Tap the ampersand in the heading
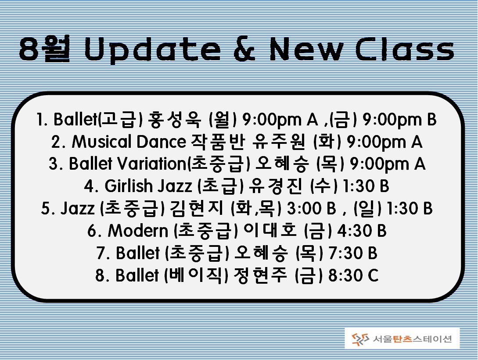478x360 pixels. pyautogui.click(x=245, y=49)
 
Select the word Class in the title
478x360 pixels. pyautogui.click(x=405, y=49)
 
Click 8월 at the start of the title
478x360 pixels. pyautogui.click(x=44, y=49)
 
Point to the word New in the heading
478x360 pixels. pyautogui.click(x=306, y=49)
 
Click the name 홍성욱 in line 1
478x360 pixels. pyautogui.click(x=174, y=119)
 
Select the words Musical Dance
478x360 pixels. pyautogui.click(x=129, y=142)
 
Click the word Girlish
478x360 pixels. pyautogui.click(x=129, y=186)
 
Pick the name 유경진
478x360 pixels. pyautogui.click(x=276, y=186)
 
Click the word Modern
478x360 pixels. pyautogui.click(x=138, y=231)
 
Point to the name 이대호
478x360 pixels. pyautogui.click(x=270, y=231)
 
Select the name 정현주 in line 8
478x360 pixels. pyautogui.click(x=260, y=275)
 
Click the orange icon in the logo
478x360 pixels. pyautogui.click(x=360, y=339)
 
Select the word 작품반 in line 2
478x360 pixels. pyautogui.click(x=218, y=142)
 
